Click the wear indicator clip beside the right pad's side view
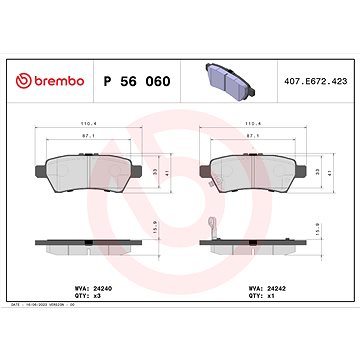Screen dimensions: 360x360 [209, 228]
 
